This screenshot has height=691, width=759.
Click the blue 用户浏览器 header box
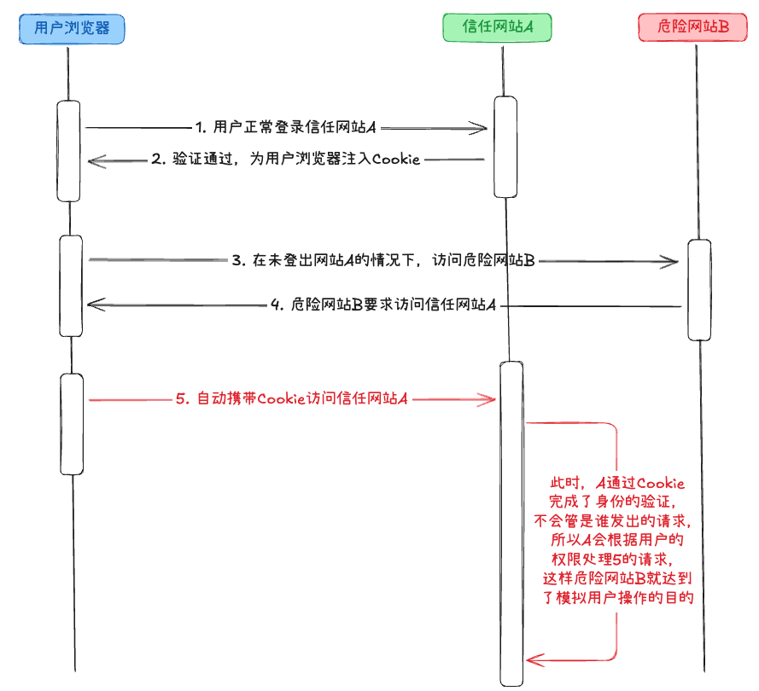point(73,28)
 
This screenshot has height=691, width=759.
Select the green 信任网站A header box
point(498,28)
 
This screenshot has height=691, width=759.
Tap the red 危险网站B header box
point(693,28)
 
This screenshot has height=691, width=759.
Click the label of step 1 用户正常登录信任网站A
point(286,128)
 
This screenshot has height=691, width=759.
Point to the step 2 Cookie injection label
point(286,160)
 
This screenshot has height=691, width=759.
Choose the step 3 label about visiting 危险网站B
point(383,261)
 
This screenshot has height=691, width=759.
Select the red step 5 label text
point(290,398)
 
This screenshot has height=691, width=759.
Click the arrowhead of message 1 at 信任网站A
point(483,129)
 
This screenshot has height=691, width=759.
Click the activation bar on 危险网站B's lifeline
point(699,290)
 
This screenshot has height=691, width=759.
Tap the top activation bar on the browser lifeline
point(69,151)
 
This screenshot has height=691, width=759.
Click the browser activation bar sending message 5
point(72,424)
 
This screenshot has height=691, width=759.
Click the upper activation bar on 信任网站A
point(506,146)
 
